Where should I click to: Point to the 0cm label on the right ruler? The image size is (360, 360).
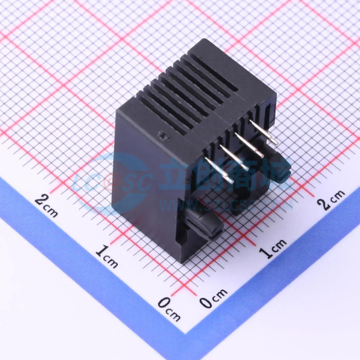point(212,301)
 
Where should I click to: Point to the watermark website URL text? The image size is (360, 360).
point(200,206)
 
